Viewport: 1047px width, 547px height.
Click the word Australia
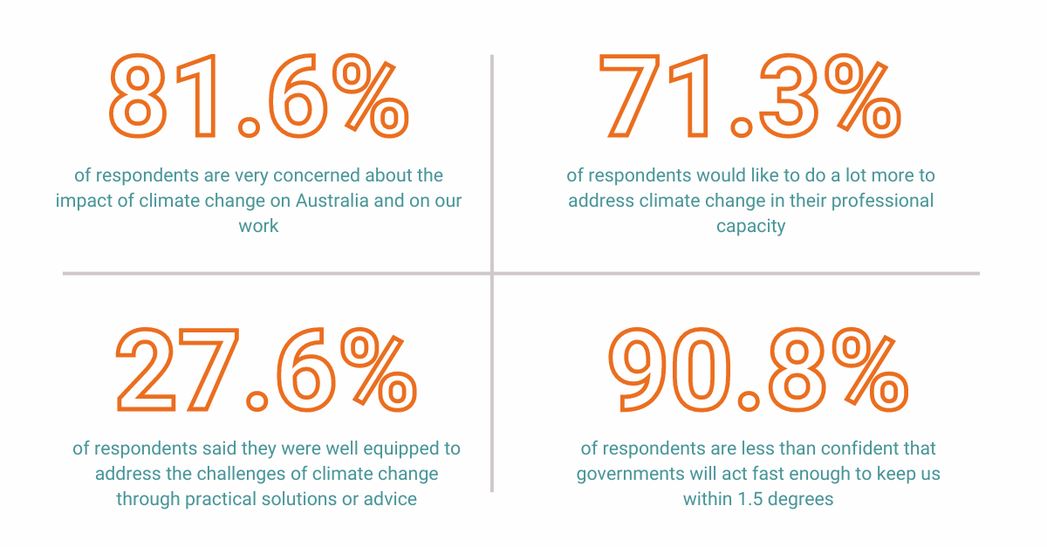pyautogui.click(x=334, y=201)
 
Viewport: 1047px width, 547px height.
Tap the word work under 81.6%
pyautogui.click(x=259, y=226)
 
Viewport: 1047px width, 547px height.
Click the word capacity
pyautogui.click(x=750, y=226)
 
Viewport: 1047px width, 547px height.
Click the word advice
pyautogui.click(x=394, y=499)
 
